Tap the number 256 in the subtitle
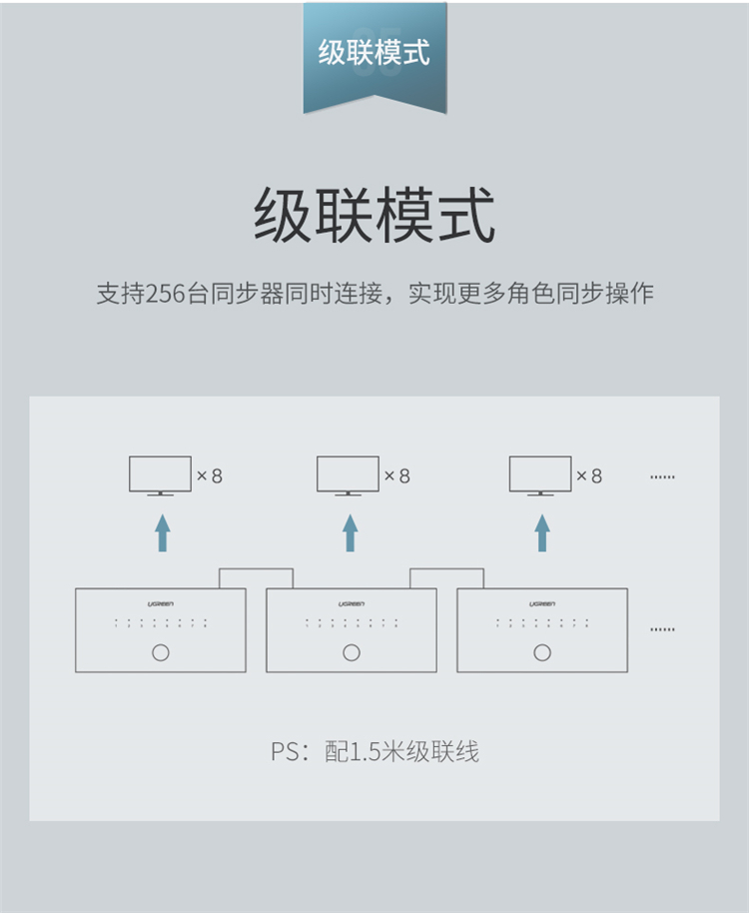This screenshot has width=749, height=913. coord(166,294)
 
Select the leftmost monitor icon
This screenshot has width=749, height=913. coord(160,475)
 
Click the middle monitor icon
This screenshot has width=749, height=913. coord(348,475)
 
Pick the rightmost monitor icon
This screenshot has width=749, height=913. coord(540,475)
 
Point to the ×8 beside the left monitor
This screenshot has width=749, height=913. coord(210,476)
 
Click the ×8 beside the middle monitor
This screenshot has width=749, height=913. coord(397,476)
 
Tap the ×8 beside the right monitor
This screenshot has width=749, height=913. coord(590,476)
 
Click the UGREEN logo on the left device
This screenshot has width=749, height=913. coord(161,604)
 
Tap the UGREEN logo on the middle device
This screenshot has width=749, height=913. coord(351,604)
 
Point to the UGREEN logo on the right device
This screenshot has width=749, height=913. coord(542,604)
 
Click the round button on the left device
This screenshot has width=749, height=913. coord(161,653)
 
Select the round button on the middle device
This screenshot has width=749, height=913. coord(351,653)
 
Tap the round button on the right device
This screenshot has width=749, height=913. coord(542,653)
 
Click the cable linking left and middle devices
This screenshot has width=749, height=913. coord(257,569)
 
